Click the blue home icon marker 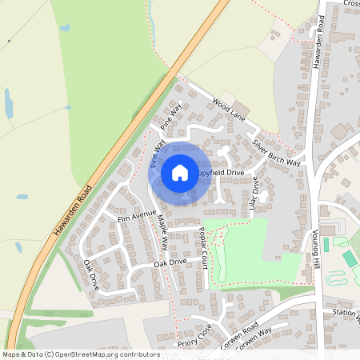coord(180,172)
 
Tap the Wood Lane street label coord(229,110)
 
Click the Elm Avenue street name coord(136,216)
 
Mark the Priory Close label coord(194,332)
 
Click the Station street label coord(343,312)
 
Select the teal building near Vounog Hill coord(350,259)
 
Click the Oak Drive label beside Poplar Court coord(170,262)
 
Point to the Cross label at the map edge coord(351,3)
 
